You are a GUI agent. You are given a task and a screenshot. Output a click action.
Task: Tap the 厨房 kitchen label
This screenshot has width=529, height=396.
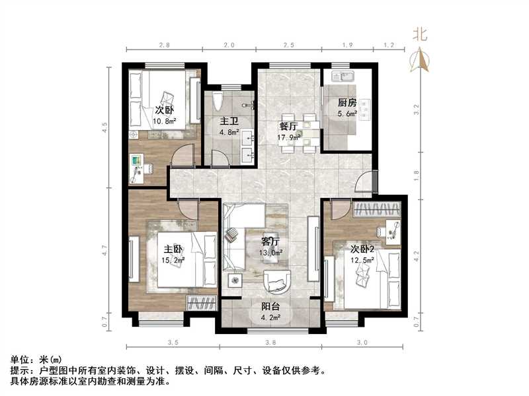tap(347, 102)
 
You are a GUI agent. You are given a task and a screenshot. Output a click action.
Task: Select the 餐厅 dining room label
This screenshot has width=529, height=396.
tap(288, 127)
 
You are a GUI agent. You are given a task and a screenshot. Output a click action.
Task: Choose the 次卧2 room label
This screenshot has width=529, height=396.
tap(363, 249)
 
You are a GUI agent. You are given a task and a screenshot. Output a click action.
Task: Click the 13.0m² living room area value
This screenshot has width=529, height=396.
tap(272, 252)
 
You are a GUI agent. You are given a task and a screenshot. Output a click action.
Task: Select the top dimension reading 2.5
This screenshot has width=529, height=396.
tap(288, 46)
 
